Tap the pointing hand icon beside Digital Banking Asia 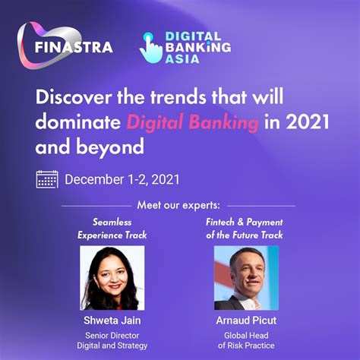pyautogui.click(x=150, y=47)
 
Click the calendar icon pyautogui.click(x=47, y=179)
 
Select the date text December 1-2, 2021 pyautogui.click(x=122, y=180)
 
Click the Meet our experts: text pyautogui.click(x=179, y=206)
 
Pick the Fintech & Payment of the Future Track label pyautogui.click(x=245, y=229)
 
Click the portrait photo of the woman pyautogui.click(x=112, y=277)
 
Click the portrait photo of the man pyautogui.click(x=246, y=277)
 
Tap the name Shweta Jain pyautogui.click(x=112, y=321)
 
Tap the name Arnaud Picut pyautogui.click(x=246, y=321)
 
